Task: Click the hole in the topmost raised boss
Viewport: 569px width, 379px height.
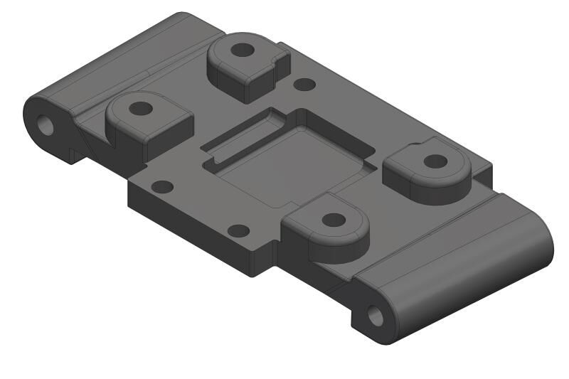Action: (243, 50)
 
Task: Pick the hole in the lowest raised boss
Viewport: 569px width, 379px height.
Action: (333, 219)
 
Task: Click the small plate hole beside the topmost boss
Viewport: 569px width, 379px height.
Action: (304, 84)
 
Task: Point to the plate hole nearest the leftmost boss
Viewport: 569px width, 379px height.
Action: (163, 187)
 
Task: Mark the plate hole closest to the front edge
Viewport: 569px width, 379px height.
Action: (238, 230)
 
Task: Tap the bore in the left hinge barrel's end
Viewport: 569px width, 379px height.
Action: (47, 125)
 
